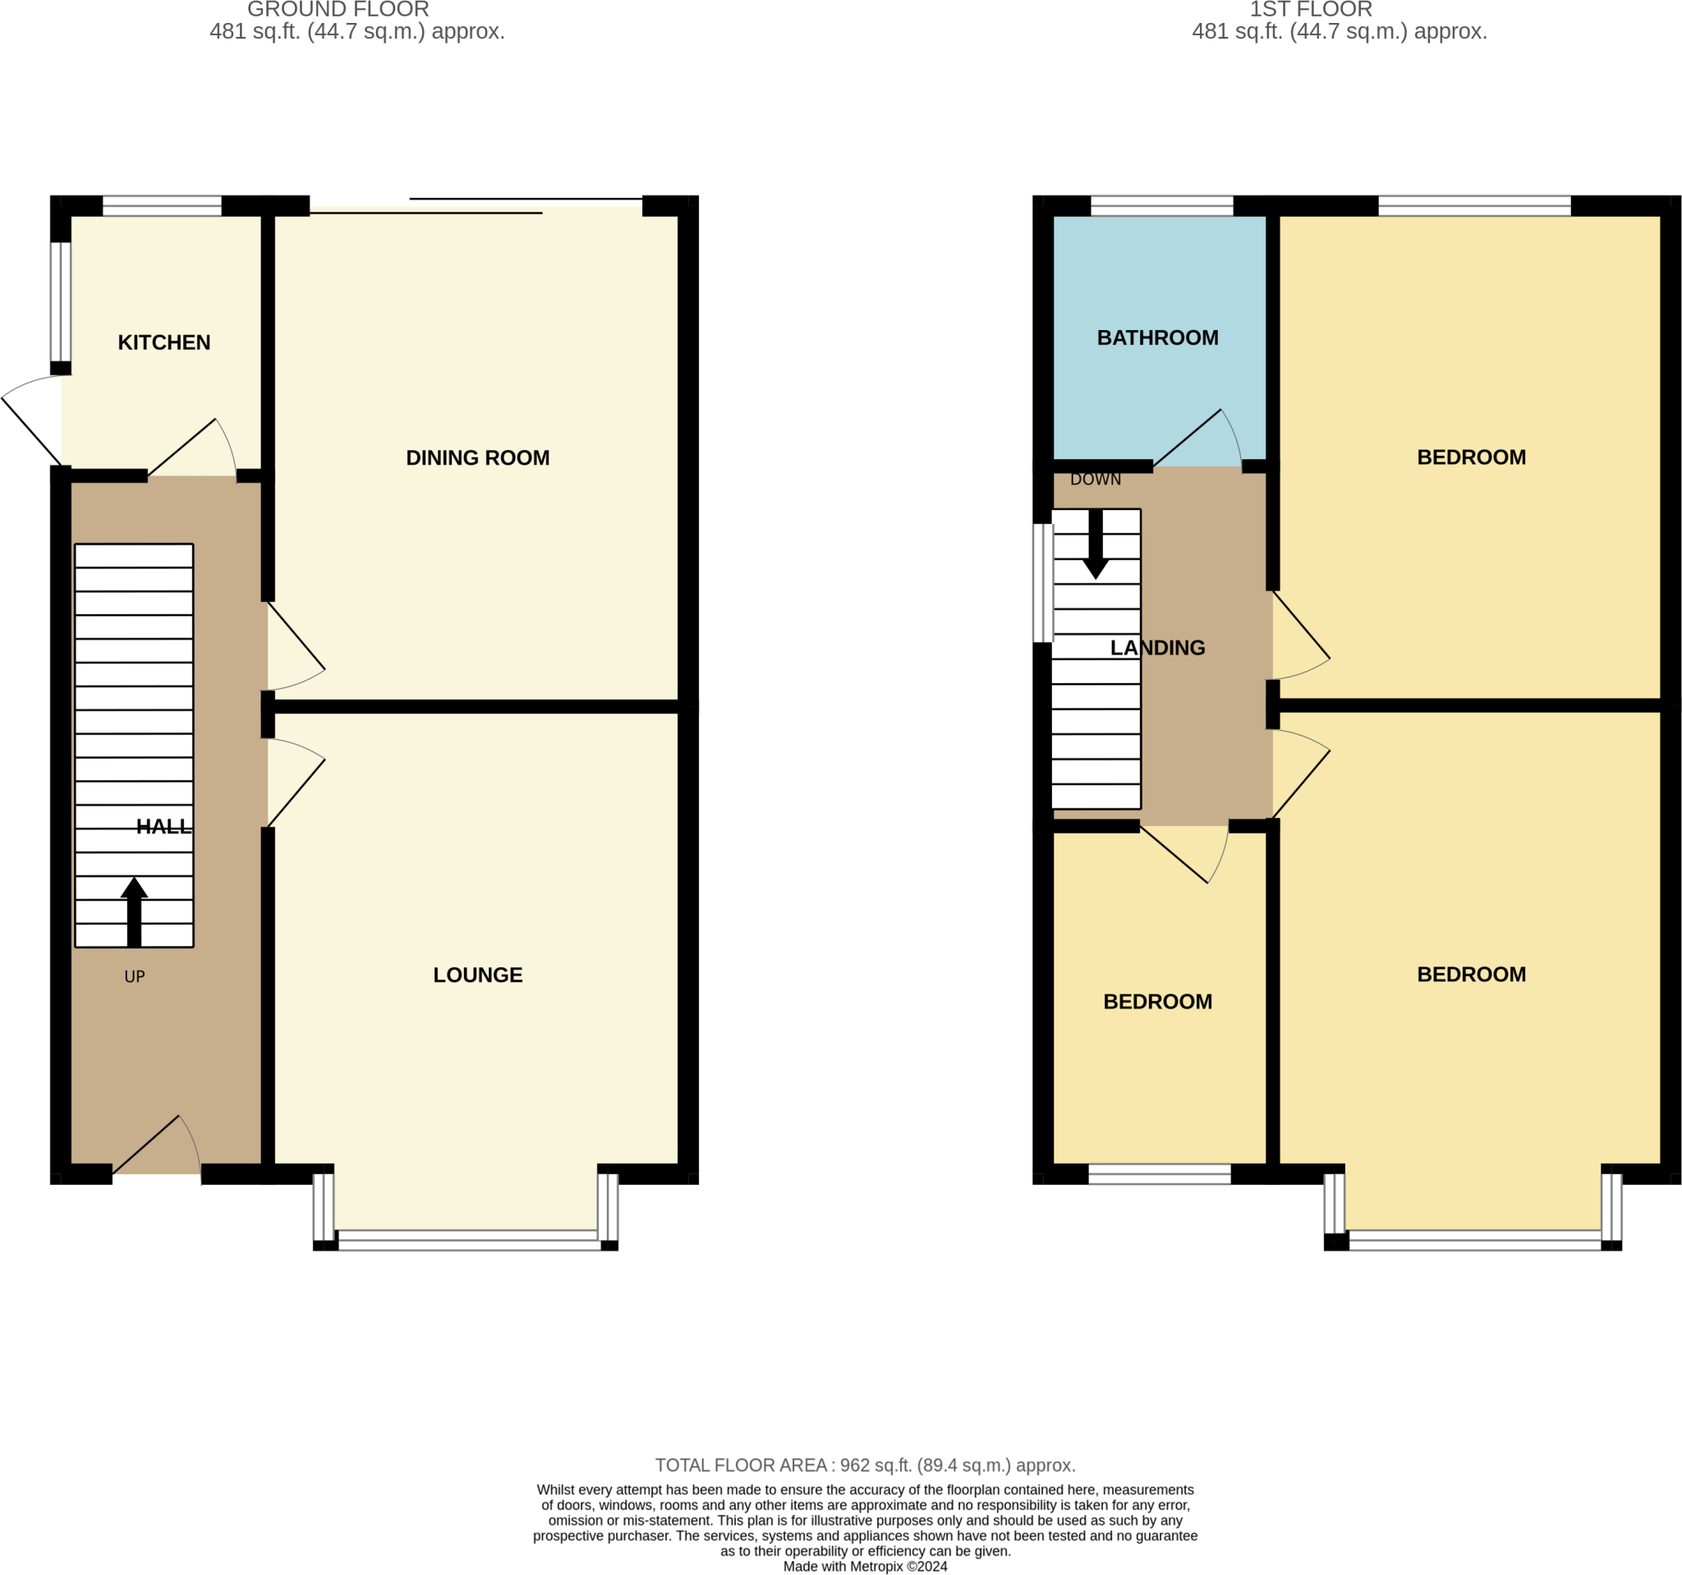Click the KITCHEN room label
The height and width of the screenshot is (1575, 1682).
click(x=164, y=342)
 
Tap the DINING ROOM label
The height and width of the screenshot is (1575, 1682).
click(x=477, y=457)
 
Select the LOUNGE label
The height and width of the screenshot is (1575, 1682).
click(x=477, y=975)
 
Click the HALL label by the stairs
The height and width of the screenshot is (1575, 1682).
click(x=163, y=826)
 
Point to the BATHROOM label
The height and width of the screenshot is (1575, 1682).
click(x=1156, y=337)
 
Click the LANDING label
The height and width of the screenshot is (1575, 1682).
click(x=1156, y=647)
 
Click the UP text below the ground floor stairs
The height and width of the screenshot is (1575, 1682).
click(x=135, y=976)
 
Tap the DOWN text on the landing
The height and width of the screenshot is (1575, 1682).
click(x=1095, y=480)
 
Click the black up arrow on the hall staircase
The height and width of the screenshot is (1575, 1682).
click(x=134, y=911)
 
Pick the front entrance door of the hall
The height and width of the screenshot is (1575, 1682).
click(x=157, y=1146)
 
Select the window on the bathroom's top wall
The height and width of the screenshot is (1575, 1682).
click(x=1160, y=205)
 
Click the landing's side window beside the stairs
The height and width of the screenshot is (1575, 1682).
click(x=1042, y=583)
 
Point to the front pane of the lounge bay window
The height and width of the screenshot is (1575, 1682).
click(x=468, y=1240)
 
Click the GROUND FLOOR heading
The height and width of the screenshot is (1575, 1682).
click(x=338, y=10)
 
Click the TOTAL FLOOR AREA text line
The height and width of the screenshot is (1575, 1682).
click(x=865, y=1465)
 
